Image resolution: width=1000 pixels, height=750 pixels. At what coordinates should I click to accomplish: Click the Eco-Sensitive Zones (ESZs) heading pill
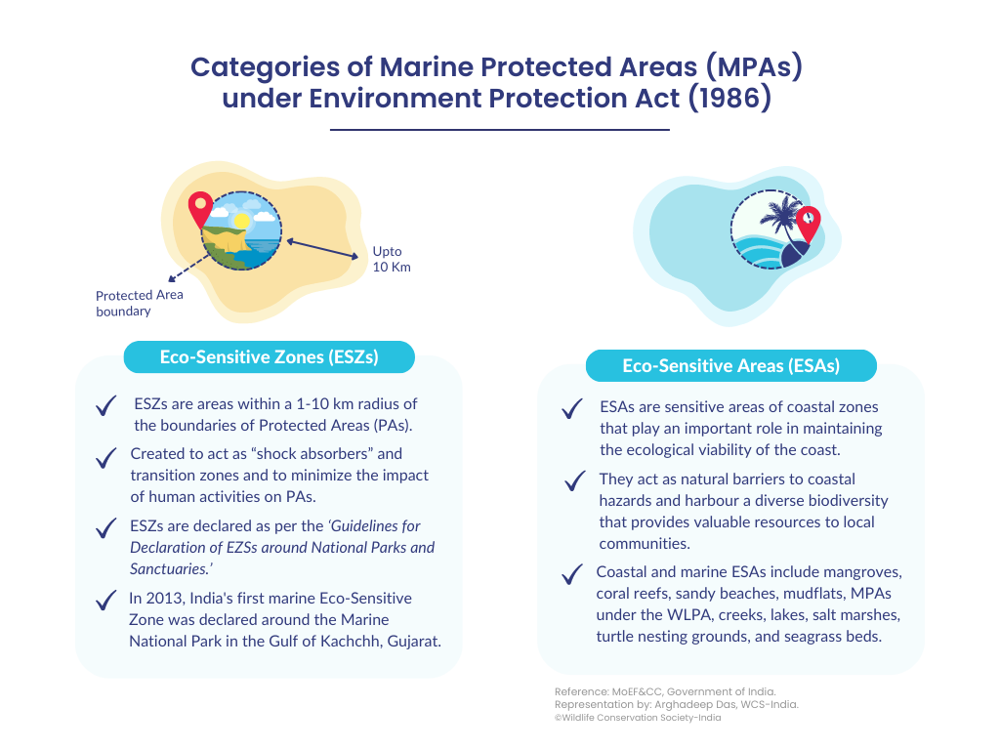click(270, 357)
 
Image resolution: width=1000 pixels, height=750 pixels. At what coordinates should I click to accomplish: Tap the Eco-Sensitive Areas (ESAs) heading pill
click(730, 365)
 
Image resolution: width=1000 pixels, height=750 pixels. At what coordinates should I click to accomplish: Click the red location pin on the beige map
click(200, 209)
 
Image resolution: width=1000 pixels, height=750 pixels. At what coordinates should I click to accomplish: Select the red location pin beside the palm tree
click(808, 224)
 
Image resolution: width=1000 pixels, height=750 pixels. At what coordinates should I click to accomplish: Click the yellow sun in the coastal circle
click(242, 221)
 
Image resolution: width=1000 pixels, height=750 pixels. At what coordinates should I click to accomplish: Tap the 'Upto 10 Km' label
click(392, 259)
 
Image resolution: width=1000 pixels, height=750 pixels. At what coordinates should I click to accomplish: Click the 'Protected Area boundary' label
click(139, 303)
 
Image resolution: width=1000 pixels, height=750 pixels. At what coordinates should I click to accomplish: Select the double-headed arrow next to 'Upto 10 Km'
click(322, 249)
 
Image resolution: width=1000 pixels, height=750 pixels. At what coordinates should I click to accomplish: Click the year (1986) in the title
click(730, 99)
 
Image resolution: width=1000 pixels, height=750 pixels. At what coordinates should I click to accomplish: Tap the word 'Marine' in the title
click(426, 67)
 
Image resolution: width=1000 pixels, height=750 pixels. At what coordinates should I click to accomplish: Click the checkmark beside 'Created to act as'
click(105, 458)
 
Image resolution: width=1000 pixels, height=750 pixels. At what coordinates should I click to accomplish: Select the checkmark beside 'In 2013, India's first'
click(105, 601)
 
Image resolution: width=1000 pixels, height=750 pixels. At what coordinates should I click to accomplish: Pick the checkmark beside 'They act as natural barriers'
click(574, 480)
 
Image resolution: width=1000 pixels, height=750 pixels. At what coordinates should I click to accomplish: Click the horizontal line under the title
click(499, 130)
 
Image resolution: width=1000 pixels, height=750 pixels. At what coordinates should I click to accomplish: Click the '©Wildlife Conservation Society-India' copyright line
click(638, 718)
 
